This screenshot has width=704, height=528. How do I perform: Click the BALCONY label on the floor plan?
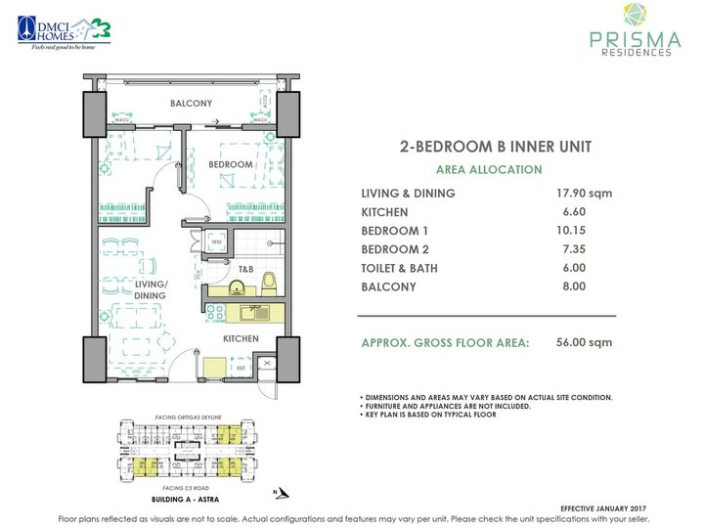tap(192, 103)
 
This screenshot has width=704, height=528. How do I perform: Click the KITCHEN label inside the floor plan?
tap(241, 338)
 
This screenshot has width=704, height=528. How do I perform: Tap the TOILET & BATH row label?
tap(400, 268)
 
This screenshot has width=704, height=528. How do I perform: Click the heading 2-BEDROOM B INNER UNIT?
tap(496, 148)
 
